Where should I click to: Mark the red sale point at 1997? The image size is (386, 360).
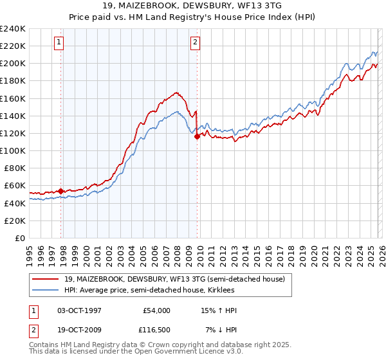click(60, 191)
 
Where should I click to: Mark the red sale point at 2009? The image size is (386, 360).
click(197, 136)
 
